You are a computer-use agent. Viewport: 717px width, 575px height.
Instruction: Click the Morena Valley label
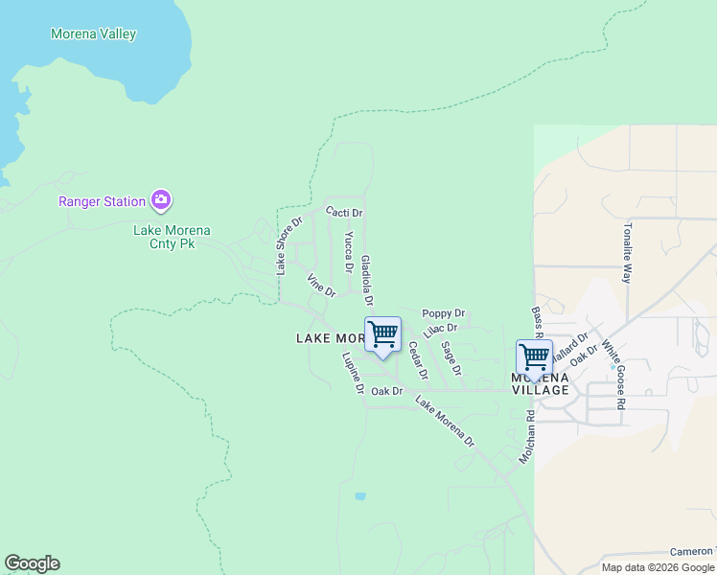93,34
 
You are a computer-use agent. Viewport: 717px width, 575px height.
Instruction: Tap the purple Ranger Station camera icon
161,200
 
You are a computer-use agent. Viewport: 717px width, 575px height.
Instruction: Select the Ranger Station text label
102,201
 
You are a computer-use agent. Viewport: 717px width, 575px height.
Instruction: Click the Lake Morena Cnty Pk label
172,238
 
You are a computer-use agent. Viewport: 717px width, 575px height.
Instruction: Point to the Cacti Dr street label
344,212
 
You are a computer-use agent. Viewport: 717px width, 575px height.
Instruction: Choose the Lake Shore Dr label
289,246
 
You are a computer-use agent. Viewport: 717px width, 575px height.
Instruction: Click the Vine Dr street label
321,285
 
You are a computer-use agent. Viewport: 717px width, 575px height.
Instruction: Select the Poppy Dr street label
443,313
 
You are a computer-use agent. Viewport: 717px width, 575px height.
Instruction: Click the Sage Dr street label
451,358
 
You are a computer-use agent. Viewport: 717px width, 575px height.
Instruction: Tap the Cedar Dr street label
418,360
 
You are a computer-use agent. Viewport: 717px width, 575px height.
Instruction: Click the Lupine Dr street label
353,374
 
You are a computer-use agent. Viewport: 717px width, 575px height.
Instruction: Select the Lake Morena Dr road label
445,421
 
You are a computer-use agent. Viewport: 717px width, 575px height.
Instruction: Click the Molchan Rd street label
526,438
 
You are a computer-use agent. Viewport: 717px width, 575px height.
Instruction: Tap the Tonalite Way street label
628,253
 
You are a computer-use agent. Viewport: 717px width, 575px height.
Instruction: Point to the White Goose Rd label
613,375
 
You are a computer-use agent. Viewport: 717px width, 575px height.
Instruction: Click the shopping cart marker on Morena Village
534,356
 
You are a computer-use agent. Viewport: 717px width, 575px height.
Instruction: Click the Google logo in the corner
32,563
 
